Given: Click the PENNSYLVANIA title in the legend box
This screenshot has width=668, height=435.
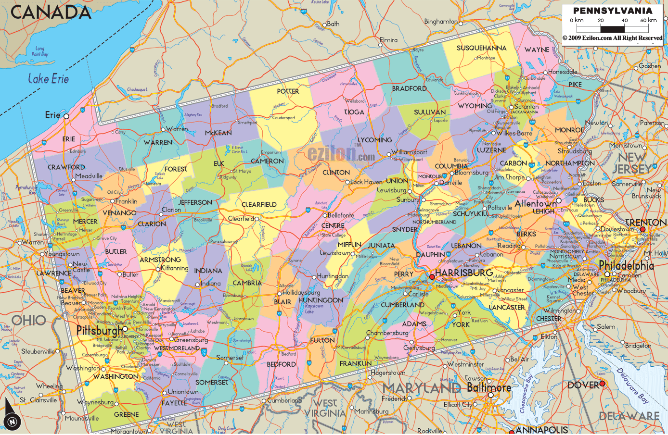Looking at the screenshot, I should click(x=612, y=11).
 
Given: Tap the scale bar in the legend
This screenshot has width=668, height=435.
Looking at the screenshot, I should click(x=613, y=28).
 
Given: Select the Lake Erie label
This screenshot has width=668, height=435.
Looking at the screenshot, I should click(x=48, y=79).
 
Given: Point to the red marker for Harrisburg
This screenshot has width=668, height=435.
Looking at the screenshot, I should click(x=432, y=277).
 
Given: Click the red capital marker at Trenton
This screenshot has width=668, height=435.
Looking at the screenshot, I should click(x=642, y=230).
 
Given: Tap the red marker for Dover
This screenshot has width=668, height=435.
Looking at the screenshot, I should click(x=602, y=384).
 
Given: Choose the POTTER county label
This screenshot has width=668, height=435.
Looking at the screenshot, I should click(x=288, y=91).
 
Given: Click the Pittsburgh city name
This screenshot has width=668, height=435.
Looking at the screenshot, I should click(x=100, y=331).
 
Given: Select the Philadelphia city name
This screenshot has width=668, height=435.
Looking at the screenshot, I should click(x=626, y=265).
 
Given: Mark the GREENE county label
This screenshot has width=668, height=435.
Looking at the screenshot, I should click(x=127, y=414).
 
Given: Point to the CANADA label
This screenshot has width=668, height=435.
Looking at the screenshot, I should click(x=51, y=12).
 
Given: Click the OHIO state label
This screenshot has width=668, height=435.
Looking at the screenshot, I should click(x=29, y=320).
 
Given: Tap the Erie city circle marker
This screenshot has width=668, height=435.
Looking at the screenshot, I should click(x=66, y=116).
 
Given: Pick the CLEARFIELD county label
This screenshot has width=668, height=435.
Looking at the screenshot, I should click(x=259, y=204).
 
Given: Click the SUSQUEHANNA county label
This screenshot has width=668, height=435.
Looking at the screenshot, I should click(x=481, y=48).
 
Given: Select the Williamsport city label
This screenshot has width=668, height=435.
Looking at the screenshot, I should click(x=409, y=152).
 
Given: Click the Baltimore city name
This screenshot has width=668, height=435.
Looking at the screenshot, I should click(x=489, y=387).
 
